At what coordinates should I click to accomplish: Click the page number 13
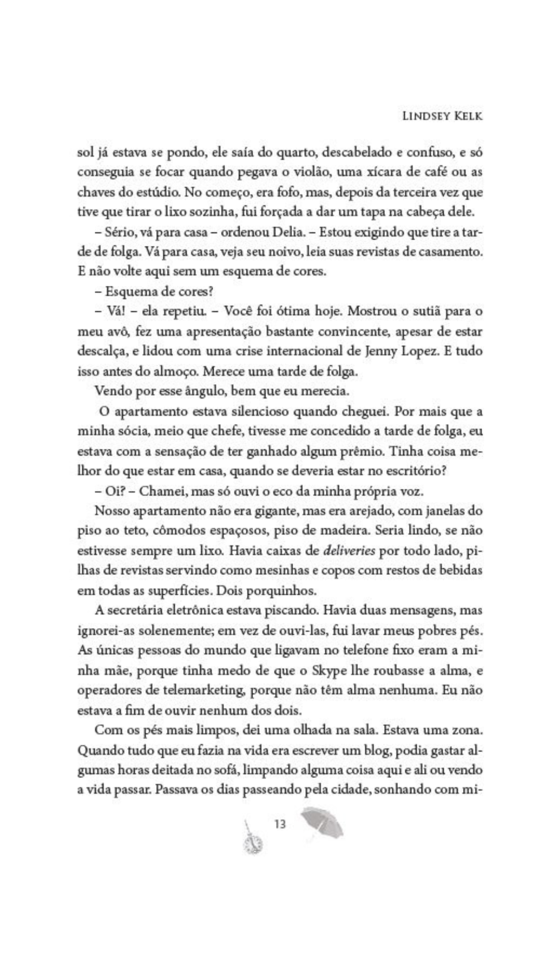(280, 824)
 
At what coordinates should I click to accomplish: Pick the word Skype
(333, 671)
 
